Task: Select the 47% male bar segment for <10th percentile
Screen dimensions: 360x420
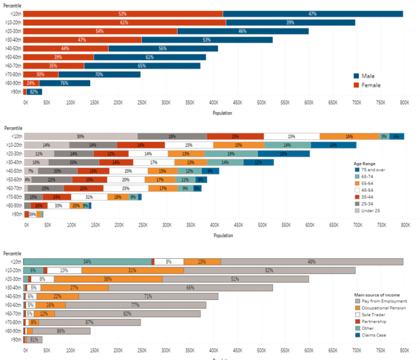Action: coord(312,14)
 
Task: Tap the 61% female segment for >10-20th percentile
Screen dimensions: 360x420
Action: coord(124,22)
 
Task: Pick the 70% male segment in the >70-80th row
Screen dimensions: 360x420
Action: coord(99,74)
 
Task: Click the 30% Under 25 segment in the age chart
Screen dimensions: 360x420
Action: coord(80,136)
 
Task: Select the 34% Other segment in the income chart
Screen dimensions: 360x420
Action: coord(87,262)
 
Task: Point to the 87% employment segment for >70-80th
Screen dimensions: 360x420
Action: coord(89,322)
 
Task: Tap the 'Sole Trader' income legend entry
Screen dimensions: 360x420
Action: coord(374,315)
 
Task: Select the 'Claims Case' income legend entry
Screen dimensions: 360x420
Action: coord(374,334)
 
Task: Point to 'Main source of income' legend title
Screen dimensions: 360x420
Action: coord(378,295)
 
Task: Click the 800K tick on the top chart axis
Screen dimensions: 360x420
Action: coord(404,102)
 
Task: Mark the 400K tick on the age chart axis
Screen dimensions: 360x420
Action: coord(213,225)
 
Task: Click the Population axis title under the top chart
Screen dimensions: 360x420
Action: coord(222,113)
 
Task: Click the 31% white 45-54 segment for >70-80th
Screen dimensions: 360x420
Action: coord(89,197)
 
